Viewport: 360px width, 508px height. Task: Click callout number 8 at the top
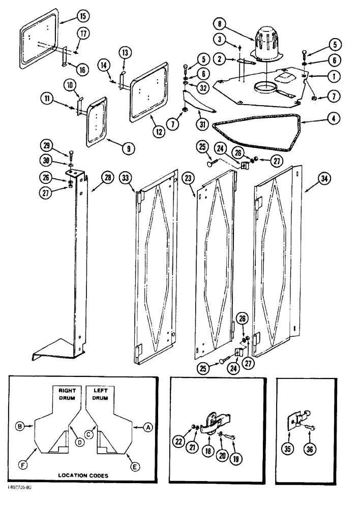point(219,24)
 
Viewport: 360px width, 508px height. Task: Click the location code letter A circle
point(148,428)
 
